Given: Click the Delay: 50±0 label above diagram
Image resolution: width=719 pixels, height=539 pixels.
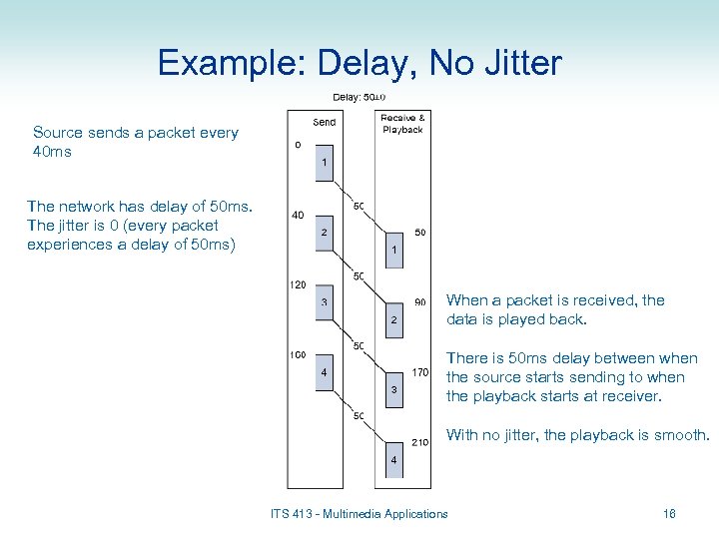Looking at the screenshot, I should pos(359,97).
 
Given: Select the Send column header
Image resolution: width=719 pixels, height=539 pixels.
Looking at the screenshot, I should pos(325,123).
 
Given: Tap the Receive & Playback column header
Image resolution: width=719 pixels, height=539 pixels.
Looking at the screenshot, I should pos(402,123).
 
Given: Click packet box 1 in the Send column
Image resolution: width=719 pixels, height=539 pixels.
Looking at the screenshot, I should pos(325,162).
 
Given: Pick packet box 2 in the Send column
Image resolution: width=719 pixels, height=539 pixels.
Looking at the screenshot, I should pos(325,233).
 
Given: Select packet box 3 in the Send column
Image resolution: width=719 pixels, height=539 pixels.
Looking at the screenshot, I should pos(325,303).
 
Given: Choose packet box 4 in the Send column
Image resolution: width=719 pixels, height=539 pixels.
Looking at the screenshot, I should pos(325,374).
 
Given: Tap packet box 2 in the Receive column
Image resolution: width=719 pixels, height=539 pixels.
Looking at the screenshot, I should pos(394,319).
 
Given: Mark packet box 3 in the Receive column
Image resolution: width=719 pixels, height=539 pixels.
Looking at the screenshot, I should pos(394,389).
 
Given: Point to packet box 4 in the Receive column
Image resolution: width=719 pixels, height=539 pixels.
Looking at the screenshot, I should pos(394,459).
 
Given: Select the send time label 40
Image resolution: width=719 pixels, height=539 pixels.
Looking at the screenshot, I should pos(298,215).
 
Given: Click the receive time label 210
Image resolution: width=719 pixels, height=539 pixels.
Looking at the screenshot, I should pos(420,442).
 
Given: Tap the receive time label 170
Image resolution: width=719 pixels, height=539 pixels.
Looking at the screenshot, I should pos(420,373).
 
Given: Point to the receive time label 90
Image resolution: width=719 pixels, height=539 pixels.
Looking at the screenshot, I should pos(420,302).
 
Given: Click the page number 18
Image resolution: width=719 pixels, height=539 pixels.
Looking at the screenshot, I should pos(669,514).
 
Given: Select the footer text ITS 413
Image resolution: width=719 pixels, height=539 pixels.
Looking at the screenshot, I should pos(298,514).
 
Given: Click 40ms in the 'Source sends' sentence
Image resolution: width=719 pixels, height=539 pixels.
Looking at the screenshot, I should pos(52,152).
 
